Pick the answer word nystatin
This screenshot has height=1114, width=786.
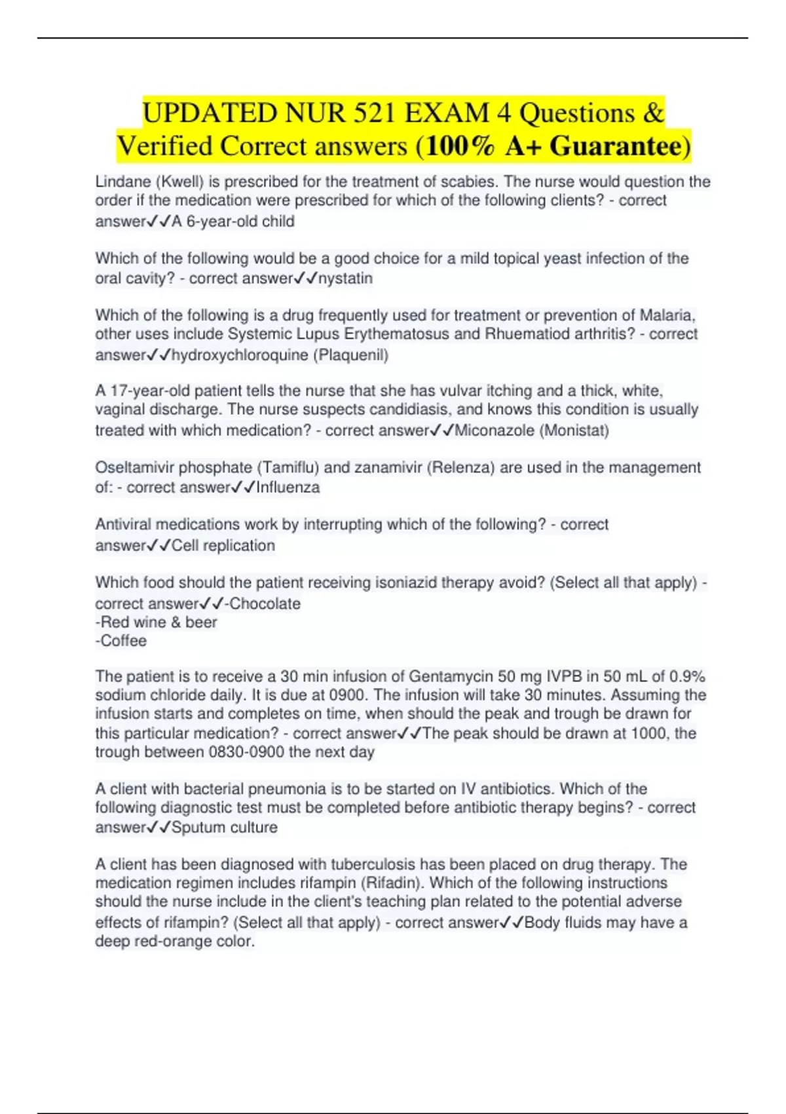click(x=345, y=278)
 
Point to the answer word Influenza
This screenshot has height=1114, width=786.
click(x=288, y=488)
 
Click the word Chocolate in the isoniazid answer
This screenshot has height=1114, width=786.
click(x=265, y=604)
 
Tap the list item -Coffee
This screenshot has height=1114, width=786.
click(x=121, y=641)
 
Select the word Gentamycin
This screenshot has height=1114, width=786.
click(x=450, y=676)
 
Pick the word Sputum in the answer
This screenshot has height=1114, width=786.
click(x=196, y=828)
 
